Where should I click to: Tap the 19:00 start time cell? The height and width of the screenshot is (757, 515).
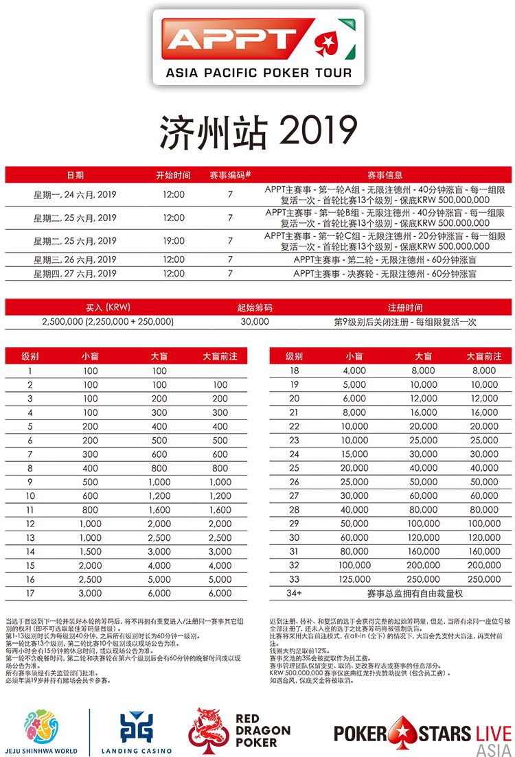tap(174, 241)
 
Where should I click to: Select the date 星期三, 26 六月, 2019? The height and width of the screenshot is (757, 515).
tap(75, 259)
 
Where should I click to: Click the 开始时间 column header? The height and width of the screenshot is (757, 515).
tap(173, 175)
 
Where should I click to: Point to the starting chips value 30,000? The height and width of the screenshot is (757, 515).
tap(255, 321)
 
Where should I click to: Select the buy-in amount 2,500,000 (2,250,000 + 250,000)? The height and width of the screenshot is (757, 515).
tap(108, 321)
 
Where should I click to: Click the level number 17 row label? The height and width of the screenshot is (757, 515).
tap(30, 593)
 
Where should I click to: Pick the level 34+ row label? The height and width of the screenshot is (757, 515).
tap(295, 593)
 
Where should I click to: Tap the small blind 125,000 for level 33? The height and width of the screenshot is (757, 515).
tap(354, 579)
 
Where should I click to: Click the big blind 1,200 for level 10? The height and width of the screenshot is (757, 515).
tap(159, 496)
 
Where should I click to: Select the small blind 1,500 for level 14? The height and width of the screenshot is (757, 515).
tap(90, 551)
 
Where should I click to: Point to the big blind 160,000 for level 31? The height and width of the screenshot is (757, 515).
tap(424, 551)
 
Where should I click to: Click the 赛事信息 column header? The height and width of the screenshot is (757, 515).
tap(385, 175)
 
